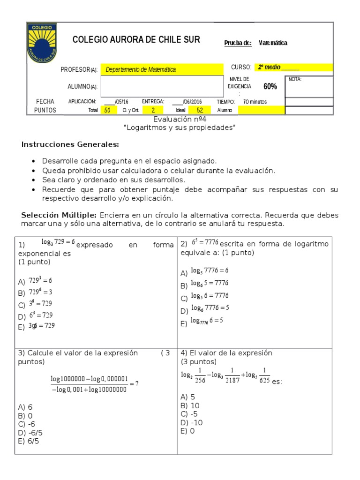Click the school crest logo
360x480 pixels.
click(42, 43)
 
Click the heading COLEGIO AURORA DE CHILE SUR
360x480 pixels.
click(136, 40)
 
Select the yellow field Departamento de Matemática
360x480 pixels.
click(141, 69)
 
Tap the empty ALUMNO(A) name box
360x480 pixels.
click(162, 86)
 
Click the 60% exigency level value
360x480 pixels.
click(270, 86)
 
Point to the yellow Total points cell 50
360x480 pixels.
click(108, 110)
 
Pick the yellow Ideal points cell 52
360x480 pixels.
click(200, 110)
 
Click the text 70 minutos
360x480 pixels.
click(255, 101)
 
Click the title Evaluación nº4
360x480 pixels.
click(180, 120)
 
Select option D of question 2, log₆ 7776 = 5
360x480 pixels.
click(210, 308)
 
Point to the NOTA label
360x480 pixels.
click(295, 79)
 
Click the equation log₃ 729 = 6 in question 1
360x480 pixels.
click(58, 242)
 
